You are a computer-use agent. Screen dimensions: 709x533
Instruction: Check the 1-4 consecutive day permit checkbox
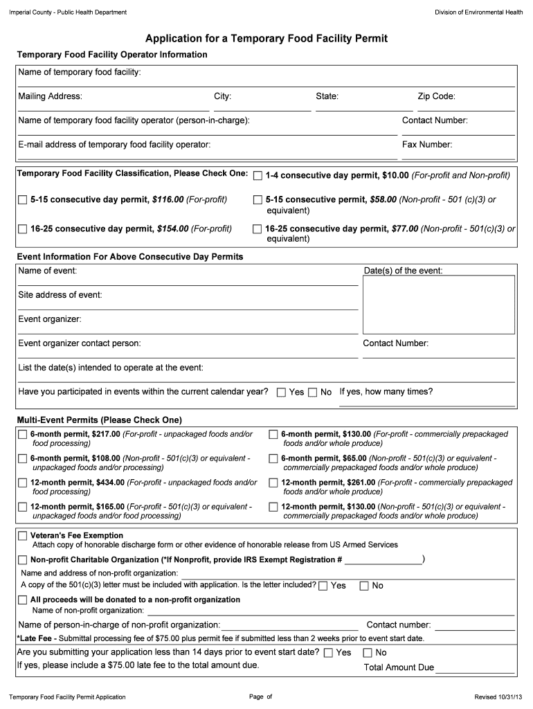[258, 176]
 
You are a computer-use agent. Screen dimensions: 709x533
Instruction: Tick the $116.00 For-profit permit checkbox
[22, 200]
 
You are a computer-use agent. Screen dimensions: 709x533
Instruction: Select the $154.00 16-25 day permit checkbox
[22, 229]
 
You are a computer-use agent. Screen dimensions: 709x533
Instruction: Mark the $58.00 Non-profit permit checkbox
[258, 200]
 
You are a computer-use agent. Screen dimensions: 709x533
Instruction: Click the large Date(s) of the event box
[439, 305]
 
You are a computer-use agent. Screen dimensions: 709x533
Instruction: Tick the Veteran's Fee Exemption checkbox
[22, 536]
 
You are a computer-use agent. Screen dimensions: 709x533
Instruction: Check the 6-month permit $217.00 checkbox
[22, 435]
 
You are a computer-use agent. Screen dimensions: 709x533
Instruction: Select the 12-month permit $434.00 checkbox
[22, 483]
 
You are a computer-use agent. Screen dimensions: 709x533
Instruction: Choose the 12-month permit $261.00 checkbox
[273, 483]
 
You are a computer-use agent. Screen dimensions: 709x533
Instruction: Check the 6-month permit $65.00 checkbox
[273, 459]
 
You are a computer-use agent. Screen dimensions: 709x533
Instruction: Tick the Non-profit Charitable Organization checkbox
[22, 560]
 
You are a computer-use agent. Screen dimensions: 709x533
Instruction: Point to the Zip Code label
[435, 97]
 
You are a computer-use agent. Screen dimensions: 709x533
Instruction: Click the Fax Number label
[427, 145]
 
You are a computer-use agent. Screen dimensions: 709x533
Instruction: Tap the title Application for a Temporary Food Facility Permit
[266, 39]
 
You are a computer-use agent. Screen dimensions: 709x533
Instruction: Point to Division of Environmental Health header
[478, 12]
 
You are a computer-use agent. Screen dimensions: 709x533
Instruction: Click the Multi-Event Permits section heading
[99, 420]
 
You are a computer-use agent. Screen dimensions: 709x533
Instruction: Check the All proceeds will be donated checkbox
[22, 600]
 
